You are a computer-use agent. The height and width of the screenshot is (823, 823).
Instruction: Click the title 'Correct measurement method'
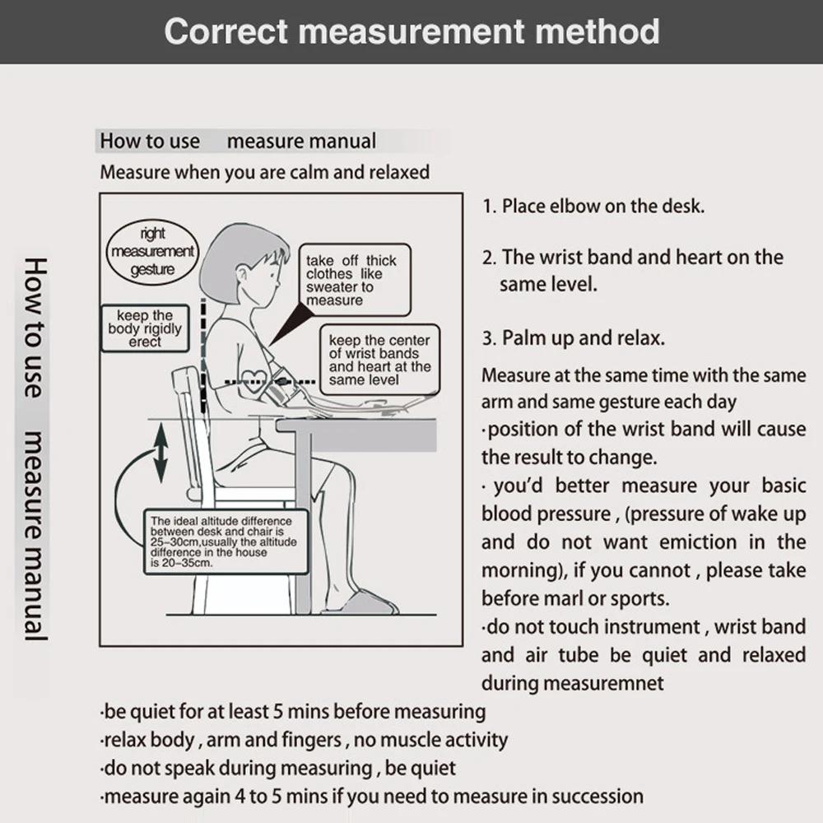pyautogui.click(x=411, y=31)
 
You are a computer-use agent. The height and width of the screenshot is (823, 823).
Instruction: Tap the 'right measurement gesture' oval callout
pyautogui.click(x=153, y=252)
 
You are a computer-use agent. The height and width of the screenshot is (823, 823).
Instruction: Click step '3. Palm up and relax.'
pyautogui.click(x=574, y=338)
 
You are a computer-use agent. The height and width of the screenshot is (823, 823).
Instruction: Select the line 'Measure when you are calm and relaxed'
pyautogui.click(x=264, y=173)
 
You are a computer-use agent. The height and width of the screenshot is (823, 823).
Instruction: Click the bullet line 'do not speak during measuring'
pyautogui.click(x=277, y=769)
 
